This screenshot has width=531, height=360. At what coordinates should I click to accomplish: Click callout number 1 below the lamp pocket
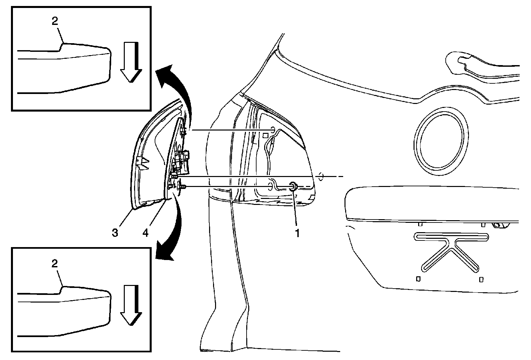297,233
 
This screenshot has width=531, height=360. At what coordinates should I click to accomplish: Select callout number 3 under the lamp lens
115,233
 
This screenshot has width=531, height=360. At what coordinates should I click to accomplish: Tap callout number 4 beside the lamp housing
145,233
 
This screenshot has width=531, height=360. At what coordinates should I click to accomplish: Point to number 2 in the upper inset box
55,21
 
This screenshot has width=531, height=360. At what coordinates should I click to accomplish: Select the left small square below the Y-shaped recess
418,279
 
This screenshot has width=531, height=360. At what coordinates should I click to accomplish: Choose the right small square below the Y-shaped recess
481,279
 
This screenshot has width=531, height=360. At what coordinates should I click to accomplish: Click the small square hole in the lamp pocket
265,135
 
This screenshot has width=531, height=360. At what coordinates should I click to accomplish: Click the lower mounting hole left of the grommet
271,186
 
